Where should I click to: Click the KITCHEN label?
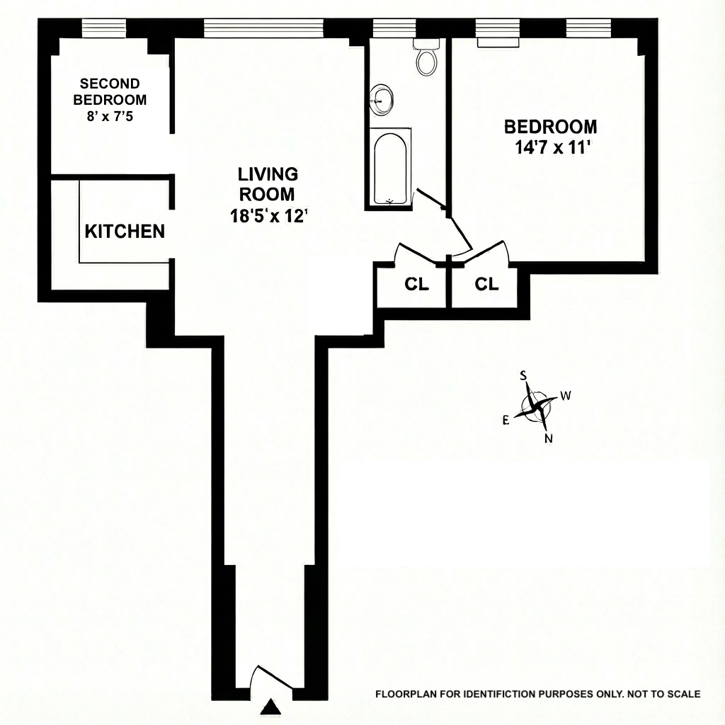click(125, 232)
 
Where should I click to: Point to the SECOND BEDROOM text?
click(110, 91)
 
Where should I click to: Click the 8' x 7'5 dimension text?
click(110, 115)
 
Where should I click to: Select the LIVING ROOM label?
click(268, 184)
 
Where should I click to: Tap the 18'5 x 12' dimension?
click(268, 217)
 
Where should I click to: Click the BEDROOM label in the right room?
click(550, 127)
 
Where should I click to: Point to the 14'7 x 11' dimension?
click(550, 149)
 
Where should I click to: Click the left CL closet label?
click(416, 285)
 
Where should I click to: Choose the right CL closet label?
click(486, 285)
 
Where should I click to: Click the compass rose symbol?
click(538, 406)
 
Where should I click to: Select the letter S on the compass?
click(524, 375)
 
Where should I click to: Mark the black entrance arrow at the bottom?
click(270, 707)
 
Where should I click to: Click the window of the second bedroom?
click(104, 28)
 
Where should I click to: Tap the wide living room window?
click(263, 28)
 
